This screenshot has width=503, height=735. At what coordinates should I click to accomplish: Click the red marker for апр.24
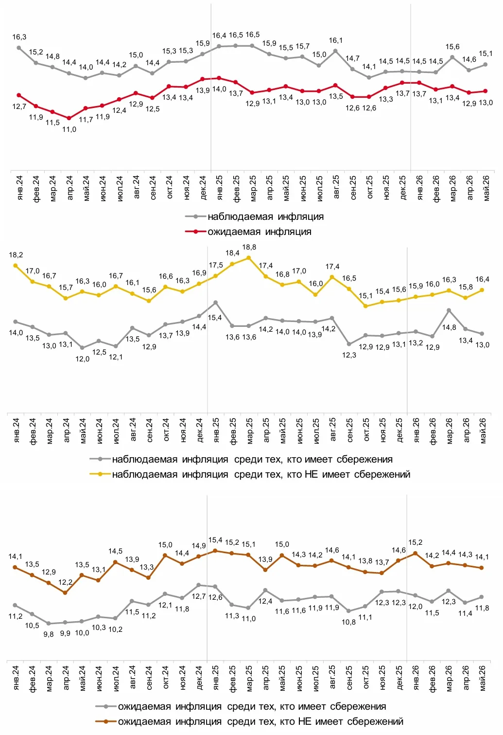coord(69,118)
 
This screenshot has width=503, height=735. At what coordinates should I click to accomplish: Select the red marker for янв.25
coord(219,78)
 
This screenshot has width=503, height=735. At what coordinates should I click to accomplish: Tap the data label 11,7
coord(86,120)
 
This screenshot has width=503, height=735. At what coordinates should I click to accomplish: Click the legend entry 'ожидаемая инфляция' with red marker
coord(248,232)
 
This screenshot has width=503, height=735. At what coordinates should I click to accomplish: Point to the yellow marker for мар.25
coord(248,258)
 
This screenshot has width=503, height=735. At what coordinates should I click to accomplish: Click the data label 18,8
coord(249,247)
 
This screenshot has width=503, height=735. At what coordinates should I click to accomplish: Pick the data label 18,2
coord(16,255)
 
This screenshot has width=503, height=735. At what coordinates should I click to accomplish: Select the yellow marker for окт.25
coord(365,306)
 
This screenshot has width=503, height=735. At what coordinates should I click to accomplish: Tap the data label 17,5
coord(216,265)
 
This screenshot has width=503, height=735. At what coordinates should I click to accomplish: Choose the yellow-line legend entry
coord(250,474)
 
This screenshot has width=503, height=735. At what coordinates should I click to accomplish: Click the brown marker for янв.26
coord(416,553)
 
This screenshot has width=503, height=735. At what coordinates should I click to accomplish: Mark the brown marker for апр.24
coord(65,593)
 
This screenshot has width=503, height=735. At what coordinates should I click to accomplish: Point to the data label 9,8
coord(49,634)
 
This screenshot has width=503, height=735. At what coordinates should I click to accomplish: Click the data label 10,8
coord(348,622)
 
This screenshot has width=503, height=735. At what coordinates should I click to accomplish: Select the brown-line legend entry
coord(249,721)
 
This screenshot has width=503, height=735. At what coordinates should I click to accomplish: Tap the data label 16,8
coord(282,274)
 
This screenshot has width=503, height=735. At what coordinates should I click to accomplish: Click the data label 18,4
coord(232,253)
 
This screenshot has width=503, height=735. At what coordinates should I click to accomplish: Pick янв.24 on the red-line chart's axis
coord(19,188)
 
